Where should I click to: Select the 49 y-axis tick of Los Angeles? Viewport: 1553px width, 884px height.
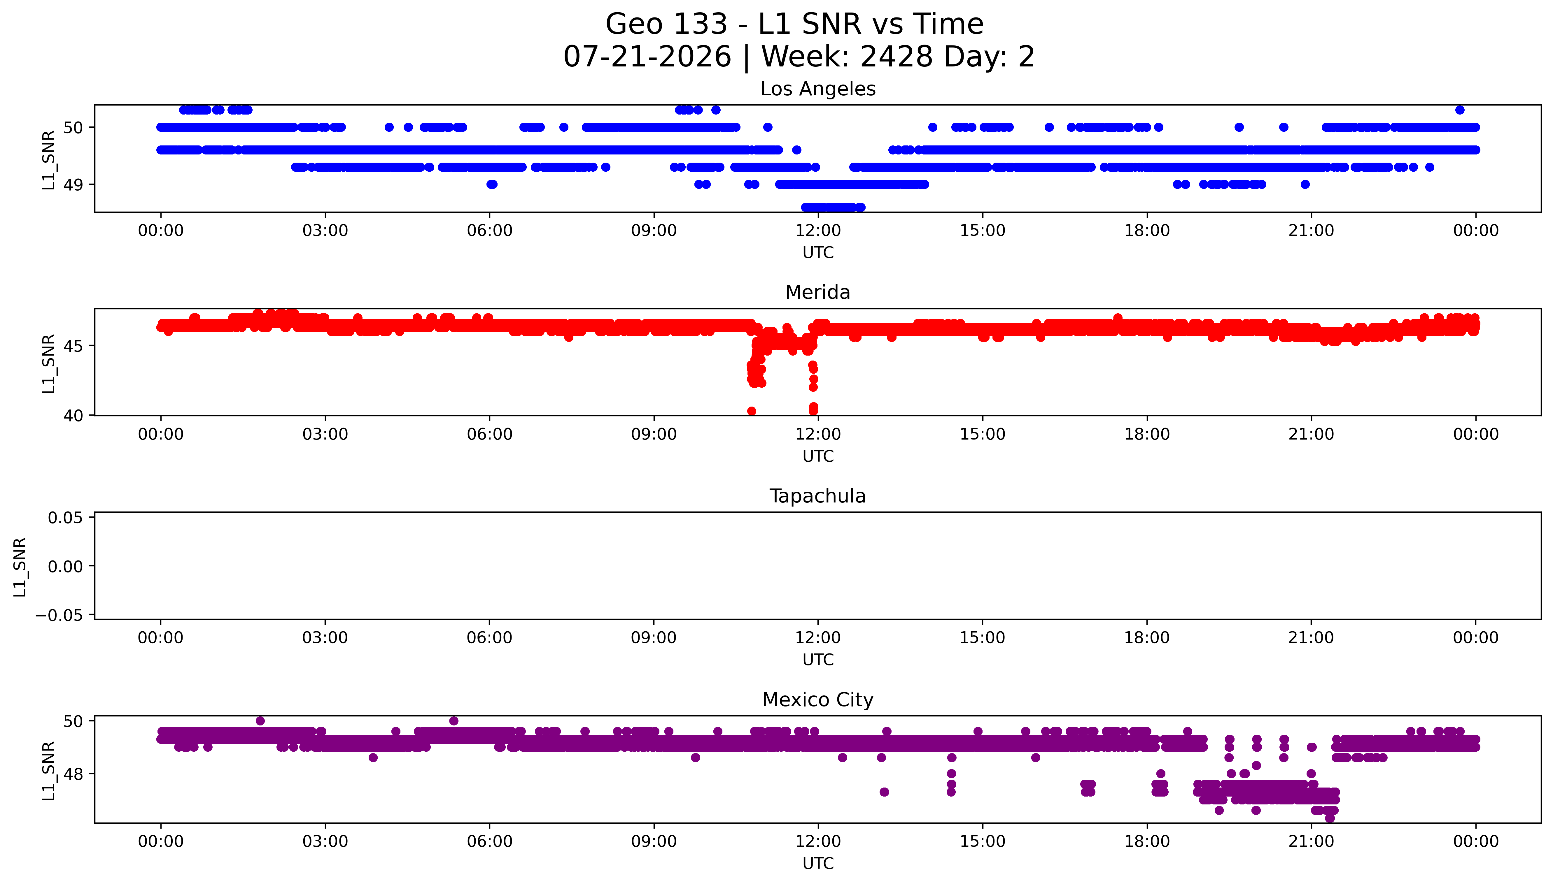[73, 184]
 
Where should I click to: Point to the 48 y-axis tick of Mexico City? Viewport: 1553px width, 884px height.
[73, 774]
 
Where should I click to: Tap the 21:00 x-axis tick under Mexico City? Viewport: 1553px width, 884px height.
[1311, 841]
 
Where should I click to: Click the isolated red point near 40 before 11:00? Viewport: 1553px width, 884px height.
[751, 411]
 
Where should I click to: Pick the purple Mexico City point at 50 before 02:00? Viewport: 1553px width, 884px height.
[260, 721]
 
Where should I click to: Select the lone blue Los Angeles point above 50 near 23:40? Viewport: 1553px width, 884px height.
[1459, 110]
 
